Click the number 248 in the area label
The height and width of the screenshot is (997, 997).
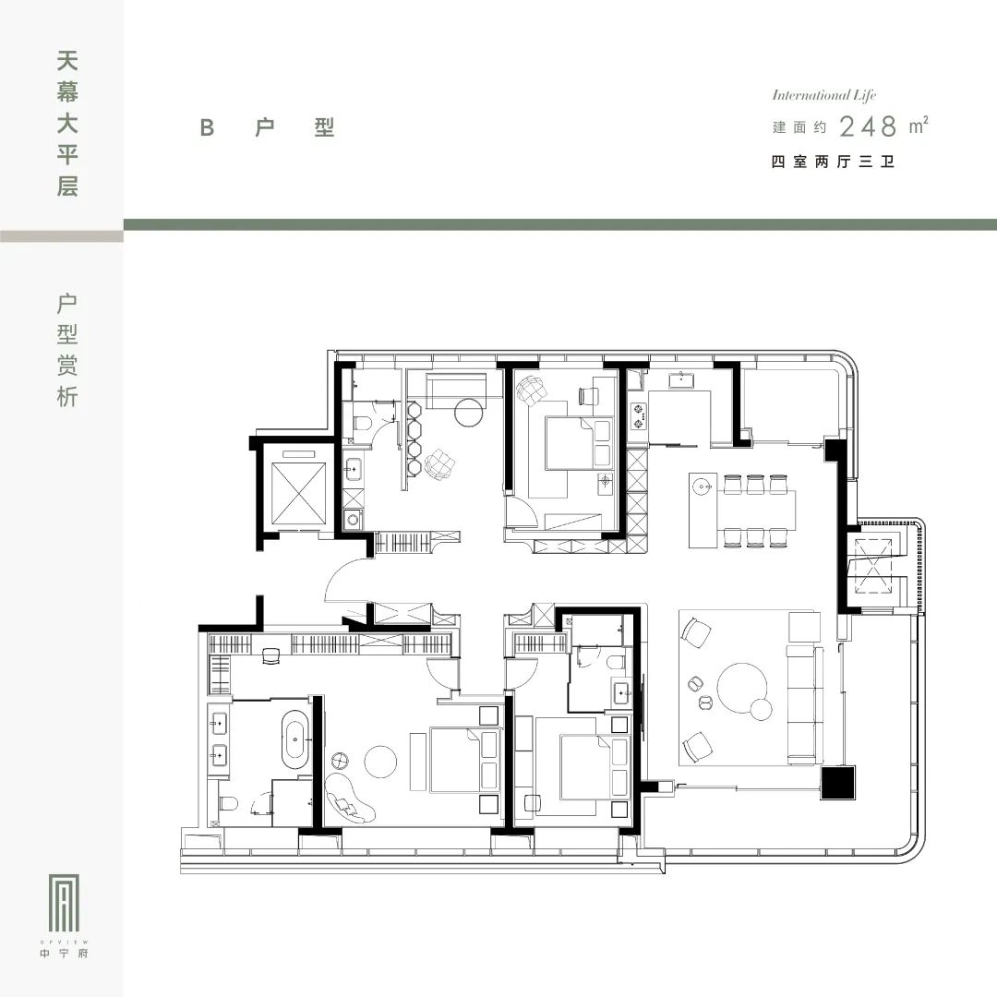(869, 126)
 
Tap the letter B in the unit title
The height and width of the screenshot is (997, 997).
(207, 127)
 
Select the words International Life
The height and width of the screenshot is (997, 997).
(824, 95)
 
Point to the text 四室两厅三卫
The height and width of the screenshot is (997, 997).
(833, 162)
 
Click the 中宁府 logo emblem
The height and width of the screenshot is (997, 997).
(65, 904)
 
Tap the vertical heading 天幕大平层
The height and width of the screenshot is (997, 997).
(67, 124)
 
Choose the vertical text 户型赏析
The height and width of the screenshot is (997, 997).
(67, 350)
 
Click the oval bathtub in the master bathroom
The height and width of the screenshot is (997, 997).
(295, 739)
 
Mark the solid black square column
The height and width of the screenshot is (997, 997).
(837, 783)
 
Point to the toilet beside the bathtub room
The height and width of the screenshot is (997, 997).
(228, 804)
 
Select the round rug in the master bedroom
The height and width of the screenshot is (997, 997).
(380, 761)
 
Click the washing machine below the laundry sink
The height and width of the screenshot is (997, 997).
(353, 520)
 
